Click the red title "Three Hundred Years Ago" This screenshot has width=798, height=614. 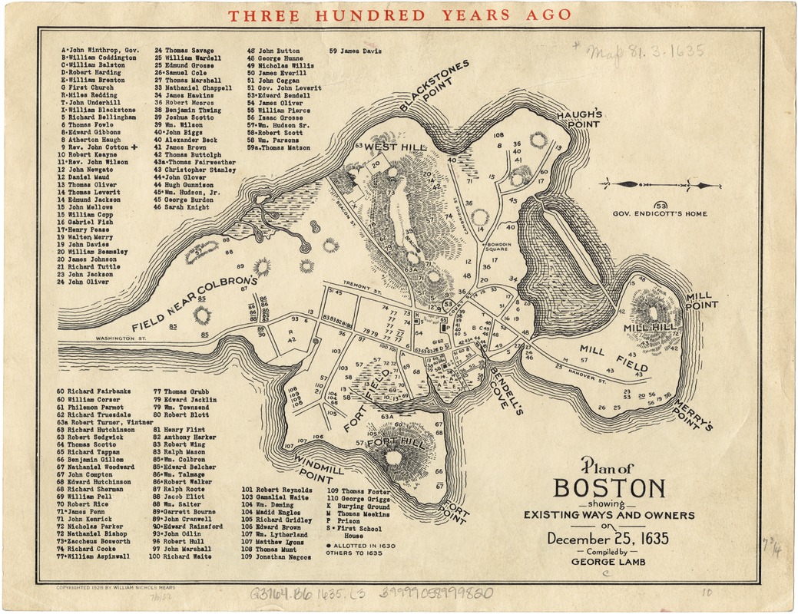[400, 15]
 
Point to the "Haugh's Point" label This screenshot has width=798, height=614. [577, 118]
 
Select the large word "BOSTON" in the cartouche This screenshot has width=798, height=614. [609, 489]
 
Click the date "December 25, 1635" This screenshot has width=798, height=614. [608, 539]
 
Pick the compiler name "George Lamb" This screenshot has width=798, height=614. [608, 562]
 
